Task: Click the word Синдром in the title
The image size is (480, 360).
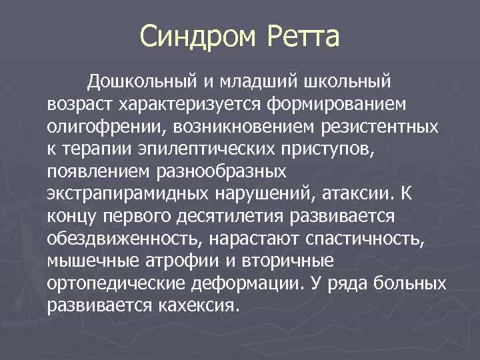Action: point(199,36)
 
